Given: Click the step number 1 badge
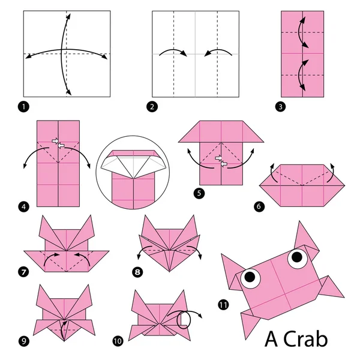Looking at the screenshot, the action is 23,107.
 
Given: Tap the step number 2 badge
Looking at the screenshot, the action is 152,107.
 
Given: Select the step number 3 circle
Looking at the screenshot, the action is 280,107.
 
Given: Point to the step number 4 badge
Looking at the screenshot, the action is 23,207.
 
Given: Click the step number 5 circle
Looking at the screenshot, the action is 199,193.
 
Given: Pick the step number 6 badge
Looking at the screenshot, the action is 259,206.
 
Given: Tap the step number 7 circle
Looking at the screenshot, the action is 23,272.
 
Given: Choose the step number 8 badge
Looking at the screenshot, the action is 137,272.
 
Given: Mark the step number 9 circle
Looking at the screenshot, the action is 23,341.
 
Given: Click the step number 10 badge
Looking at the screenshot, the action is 118,341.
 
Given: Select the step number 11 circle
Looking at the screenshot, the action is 223,305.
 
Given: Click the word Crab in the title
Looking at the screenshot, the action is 305,340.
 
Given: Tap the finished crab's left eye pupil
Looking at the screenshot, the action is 250,277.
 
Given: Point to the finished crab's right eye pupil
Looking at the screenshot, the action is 297,257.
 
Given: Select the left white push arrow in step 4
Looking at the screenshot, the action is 55,141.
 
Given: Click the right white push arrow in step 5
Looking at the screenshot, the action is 224,164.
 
